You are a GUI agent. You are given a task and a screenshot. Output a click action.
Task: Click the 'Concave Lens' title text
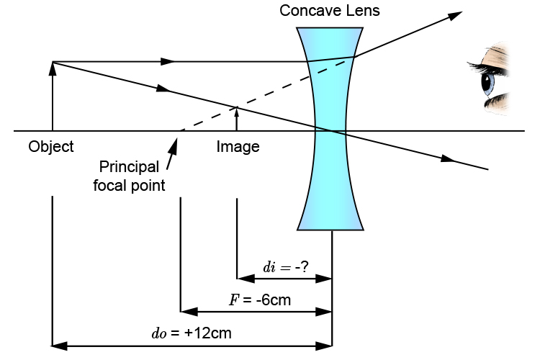pyautogui.click(x=330, y=11)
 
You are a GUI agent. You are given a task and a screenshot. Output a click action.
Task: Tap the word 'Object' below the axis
pyautogui.click(x=51, y=147)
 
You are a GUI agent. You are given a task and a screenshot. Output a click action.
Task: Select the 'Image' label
pyautogui.click(x=238, y=147)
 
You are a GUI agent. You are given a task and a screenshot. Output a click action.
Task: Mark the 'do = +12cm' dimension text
pyautogui.click(x=191, y=333)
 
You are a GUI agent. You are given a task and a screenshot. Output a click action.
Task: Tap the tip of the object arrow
pyautogui.click(x=53, y=65)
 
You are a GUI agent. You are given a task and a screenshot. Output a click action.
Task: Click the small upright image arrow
pyautogui.click(x=237, y=119)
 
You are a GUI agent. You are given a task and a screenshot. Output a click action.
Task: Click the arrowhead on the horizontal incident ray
pyautogui.click(x=168, y=61)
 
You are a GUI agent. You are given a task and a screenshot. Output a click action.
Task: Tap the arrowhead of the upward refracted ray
pyautogui.click(x=455, y=15)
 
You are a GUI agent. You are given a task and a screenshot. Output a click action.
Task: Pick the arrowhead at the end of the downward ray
pyautogui.click(x=450, y=159)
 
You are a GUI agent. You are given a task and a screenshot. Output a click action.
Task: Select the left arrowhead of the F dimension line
pyautogui.click(x=185, y=312)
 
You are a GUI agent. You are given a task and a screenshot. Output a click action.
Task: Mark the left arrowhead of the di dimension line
pyautogui.click(x=243, y=279)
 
